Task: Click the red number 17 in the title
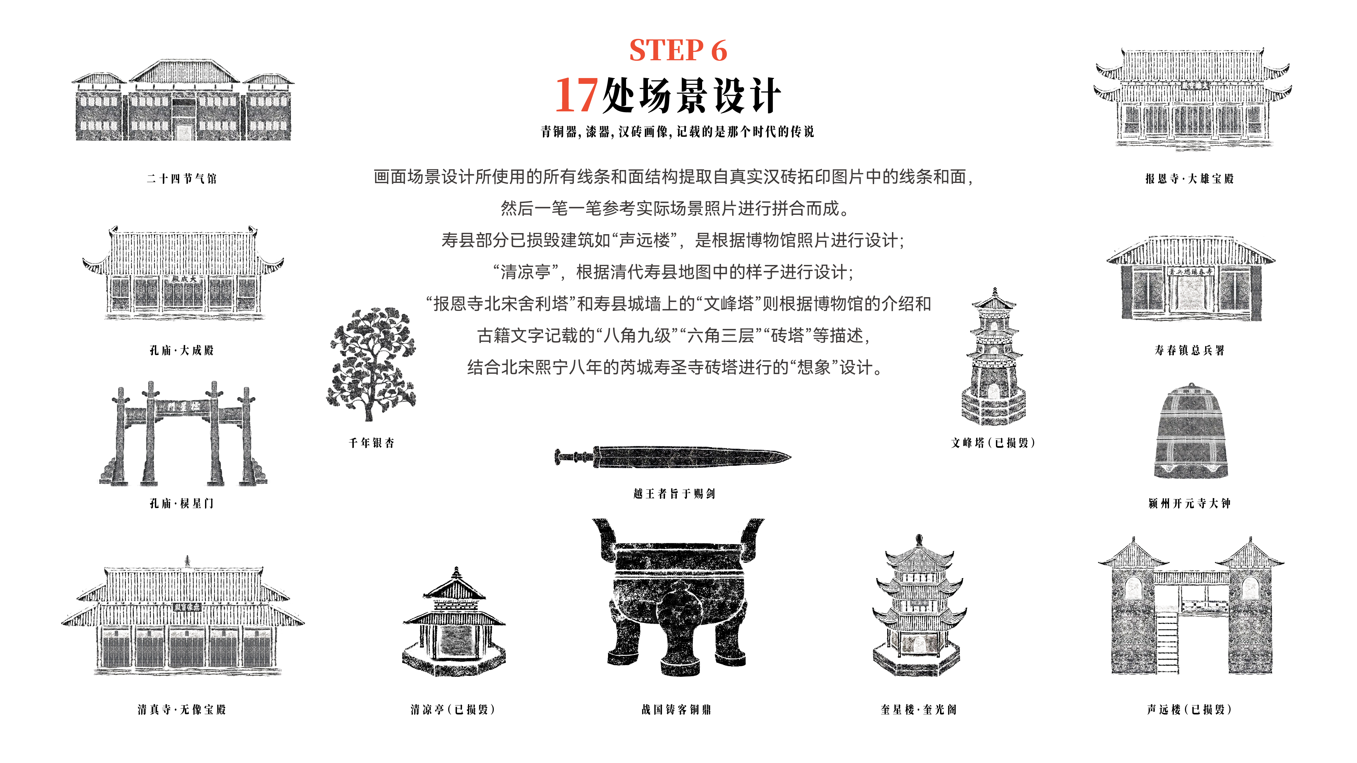pos(577,95)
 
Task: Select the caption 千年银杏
pos(371,443)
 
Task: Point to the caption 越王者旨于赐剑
pos(674,493)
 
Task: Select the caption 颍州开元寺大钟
pos(1190,503)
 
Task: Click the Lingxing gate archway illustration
pos(183,433)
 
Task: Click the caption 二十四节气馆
pos(182,178)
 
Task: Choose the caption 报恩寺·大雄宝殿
pos(1190,178)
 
